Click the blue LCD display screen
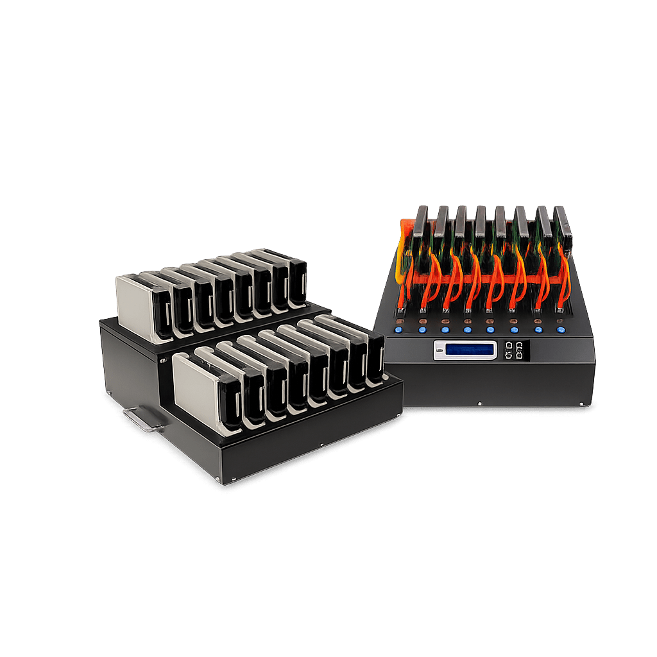click(471, 350)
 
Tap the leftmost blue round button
click(398, 330)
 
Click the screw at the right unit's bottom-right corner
click(581, 404)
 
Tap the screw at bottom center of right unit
click(480, 404)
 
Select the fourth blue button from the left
click(468, 330)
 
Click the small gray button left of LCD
click(439, 350)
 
